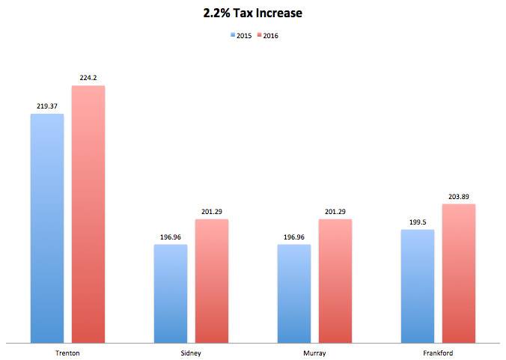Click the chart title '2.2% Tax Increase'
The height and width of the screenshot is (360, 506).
pyautogui.click(x=252, y=13)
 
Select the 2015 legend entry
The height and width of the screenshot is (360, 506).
pyautogui.click(x=240, y=34)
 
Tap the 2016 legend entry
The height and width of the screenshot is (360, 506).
pyautogui.click(x=267, y=34)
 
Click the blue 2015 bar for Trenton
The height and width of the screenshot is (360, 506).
pyautogui.click(x=47, y=228)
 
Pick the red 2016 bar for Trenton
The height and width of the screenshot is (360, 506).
pyautogui.click(x=88, y=214)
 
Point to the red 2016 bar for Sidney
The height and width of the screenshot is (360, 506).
pyautogui.click(x=212, y=281)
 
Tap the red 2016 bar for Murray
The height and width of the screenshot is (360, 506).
pyautogui.click(x=335, y=281)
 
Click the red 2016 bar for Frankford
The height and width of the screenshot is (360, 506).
pyautogui.click(x=458, y=273)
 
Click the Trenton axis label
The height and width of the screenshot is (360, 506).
pyautogui.click(x=67, y=353)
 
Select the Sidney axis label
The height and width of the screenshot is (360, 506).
pyautogui.click(x=191, y=353)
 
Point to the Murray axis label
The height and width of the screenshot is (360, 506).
pyautogui.click(x=314, y=353)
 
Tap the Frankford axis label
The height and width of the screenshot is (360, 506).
pyautogui.click(x=438, y=353)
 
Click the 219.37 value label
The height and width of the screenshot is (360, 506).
pyautogui.click(x=47, y=107)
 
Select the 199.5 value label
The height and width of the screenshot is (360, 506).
pyautogui.click(x=418, y=222)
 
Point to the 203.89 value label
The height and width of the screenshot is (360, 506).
pyautogui.click(x=458, y=197)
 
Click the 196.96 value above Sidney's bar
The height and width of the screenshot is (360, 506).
pyautogui.click(x=171, y=237)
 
